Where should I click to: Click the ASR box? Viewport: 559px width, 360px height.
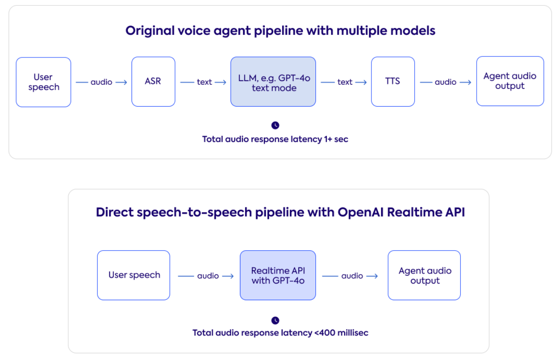[x=153, y=82]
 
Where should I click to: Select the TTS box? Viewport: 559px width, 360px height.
[x=393, y=82]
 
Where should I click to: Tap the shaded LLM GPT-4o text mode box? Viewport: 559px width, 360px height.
[x=273, y=82]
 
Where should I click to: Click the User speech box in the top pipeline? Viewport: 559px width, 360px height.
[x=44, y=82]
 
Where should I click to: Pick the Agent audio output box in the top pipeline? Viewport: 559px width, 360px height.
[x=510, y=81]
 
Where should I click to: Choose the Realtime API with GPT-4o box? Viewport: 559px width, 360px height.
[x=278, y=275]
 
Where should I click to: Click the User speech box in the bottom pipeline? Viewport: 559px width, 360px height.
[x=134, y=275]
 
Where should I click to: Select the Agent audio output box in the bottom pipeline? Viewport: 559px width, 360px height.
[x=424, y=275]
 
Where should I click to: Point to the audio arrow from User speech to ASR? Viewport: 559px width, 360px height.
[x=101, y=82]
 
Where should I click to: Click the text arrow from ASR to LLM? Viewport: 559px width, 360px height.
[x=204, y=82]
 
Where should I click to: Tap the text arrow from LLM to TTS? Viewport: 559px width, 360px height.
[x=344, y=82]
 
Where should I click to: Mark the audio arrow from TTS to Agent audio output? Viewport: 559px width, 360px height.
[x=446, y=82]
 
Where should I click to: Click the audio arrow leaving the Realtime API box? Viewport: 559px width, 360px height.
[x=351, y=276]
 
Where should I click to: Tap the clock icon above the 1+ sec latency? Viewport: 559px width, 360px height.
[x=275, y=125]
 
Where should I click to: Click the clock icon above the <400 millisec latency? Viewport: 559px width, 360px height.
[x=275, y=320]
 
